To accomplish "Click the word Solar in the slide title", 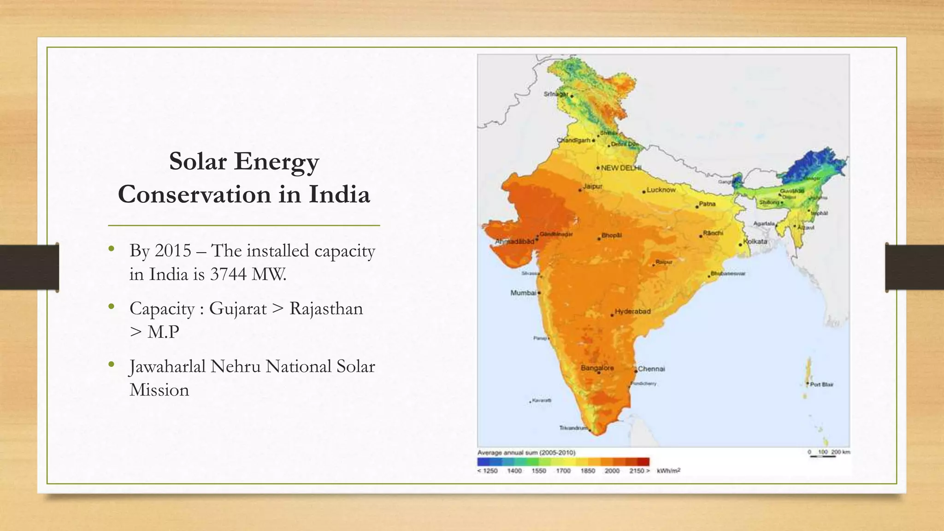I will click(198, 161).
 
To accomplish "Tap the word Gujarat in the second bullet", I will click(238, 309).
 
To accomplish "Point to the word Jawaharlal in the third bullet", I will click(167, 367).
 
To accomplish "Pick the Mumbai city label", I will click(523, 293).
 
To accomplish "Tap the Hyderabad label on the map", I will click(632, 312).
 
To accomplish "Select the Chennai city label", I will click(651, 369).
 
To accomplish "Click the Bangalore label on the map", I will click(597, 368).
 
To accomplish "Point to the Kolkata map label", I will click(755, 242).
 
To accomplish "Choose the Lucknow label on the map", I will click(661, 190).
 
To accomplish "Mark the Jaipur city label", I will click(592, 187).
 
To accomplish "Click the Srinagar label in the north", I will click(556, 94).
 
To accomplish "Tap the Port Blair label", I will click(821, 384).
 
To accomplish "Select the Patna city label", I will click(707, 204).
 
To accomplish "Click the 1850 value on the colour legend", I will click(587, 471).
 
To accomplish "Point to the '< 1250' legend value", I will click(487, 471).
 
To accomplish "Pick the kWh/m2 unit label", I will click(668, 471).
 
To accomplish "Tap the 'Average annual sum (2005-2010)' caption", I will click(526, 453).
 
